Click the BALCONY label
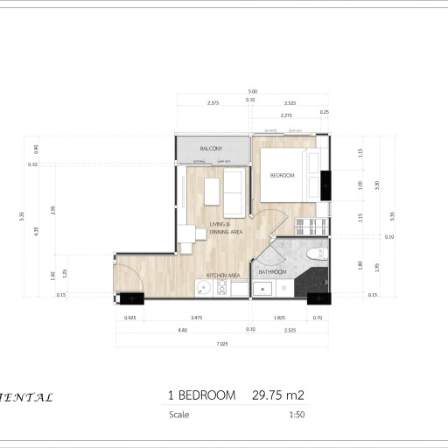211,149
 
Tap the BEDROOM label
282,176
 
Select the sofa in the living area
234,192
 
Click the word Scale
178,416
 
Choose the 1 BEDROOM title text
201,395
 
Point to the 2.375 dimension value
213,103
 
